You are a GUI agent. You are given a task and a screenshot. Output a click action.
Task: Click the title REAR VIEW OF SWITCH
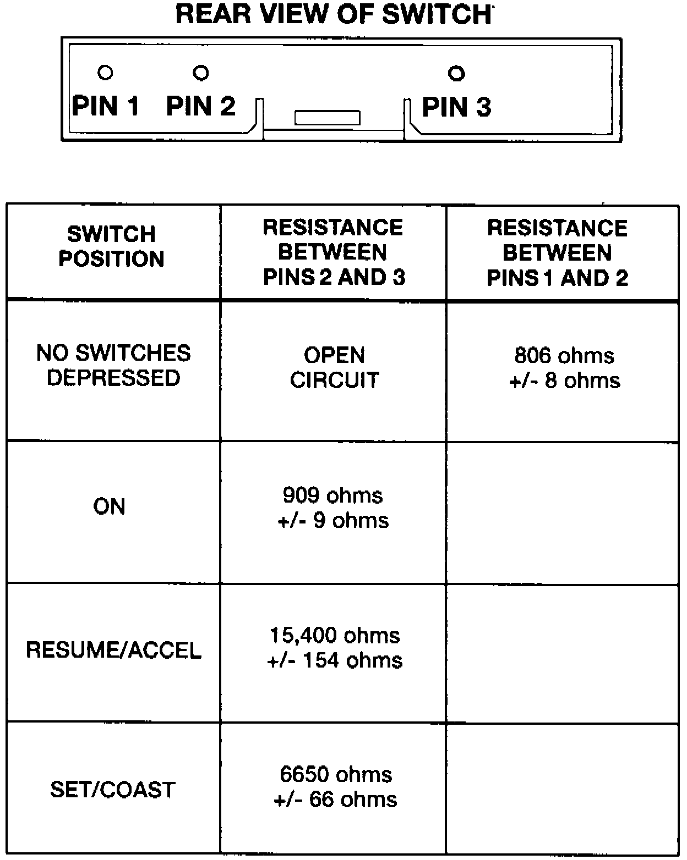coord(333,15)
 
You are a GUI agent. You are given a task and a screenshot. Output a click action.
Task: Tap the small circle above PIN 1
coord(105,73)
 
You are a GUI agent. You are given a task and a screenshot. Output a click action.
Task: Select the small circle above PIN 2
coord(201,73)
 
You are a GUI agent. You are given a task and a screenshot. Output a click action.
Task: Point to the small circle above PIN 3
coord(456,74)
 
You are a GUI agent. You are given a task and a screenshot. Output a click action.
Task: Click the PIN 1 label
coord(106,106)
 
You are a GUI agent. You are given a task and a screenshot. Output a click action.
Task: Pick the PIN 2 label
coord(201,106)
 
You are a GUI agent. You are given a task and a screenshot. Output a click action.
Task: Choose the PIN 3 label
coord(456,107)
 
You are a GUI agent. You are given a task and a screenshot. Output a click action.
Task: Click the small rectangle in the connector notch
coord(328,118)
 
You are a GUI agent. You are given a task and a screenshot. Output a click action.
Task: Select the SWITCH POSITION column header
coord(112,246)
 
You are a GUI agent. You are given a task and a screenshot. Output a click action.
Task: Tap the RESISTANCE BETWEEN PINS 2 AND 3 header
coord(334,252)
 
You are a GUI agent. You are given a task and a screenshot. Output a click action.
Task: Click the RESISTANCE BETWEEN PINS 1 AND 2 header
coord(558,253)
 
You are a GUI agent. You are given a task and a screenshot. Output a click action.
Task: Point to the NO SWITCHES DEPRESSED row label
coord(113,365)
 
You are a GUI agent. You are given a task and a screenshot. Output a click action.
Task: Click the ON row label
coord(109,506)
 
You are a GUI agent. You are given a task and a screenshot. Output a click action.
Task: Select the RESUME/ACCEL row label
coord(113,650)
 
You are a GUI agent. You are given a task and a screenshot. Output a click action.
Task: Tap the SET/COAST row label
coord(113,790)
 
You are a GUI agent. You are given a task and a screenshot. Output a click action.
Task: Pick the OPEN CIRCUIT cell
coord(334,367)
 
